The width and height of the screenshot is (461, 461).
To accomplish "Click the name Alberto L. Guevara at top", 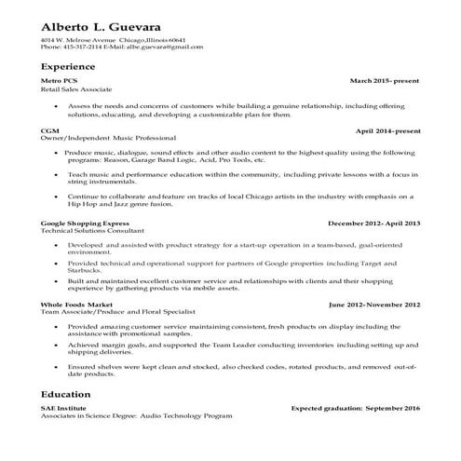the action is click(x=106, y=24).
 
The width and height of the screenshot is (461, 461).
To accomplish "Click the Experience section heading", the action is click(x=68, y=67).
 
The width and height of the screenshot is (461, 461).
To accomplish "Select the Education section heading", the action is click(x=65, y=394).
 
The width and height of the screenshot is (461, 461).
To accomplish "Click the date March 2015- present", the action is click(x=385, y=82).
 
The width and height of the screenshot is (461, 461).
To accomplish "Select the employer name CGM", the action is click(x=50, y=131).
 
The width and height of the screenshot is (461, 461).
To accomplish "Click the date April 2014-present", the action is click(x=387, y=131).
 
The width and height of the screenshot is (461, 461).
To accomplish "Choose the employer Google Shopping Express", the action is click(x=83, y=224).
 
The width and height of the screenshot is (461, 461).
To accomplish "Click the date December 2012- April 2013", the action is click(x=374, y=224).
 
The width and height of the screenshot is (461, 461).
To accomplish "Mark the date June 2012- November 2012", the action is click(x=374, y=305).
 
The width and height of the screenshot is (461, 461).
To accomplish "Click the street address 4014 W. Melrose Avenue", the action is click(x=78, y=40).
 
